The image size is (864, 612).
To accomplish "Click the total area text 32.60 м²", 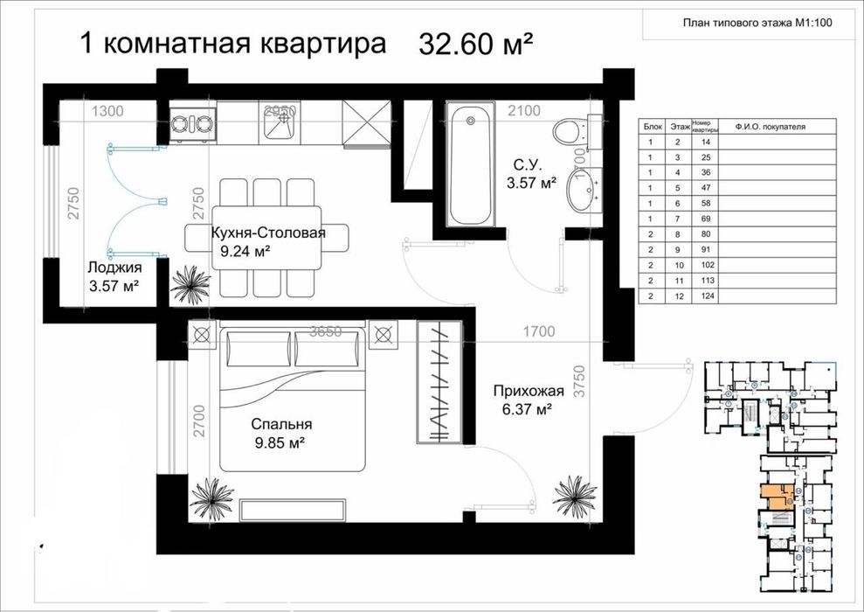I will pos(476,44).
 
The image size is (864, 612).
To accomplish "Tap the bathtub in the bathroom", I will pos(471,165).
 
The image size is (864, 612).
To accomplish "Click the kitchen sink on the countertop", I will pos(280,123).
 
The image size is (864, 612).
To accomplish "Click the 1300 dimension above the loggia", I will pos(107,111).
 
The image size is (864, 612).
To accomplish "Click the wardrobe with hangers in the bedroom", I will pos(437,382).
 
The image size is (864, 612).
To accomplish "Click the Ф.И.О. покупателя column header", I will pos(770,127).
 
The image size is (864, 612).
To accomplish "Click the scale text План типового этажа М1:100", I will pos(756,24).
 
